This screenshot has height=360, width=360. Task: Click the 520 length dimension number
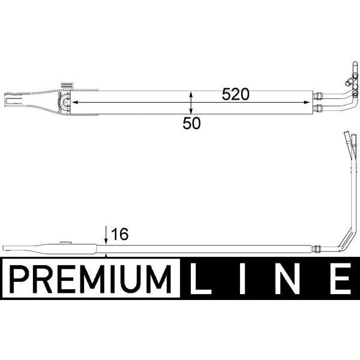coord(235,95)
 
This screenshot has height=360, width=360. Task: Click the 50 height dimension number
coord(191,123)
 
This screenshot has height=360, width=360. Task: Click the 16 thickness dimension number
coord(120,234)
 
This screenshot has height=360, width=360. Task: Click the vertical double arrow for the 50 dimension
coord(191,103)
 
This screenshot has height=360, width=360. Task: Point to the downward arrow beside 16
coord(106,235)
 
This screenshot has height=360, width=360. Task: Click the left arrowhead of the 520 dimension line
coord(76,103)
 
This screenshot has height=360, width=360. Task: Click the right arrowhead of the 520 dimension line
coord(310,103)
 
